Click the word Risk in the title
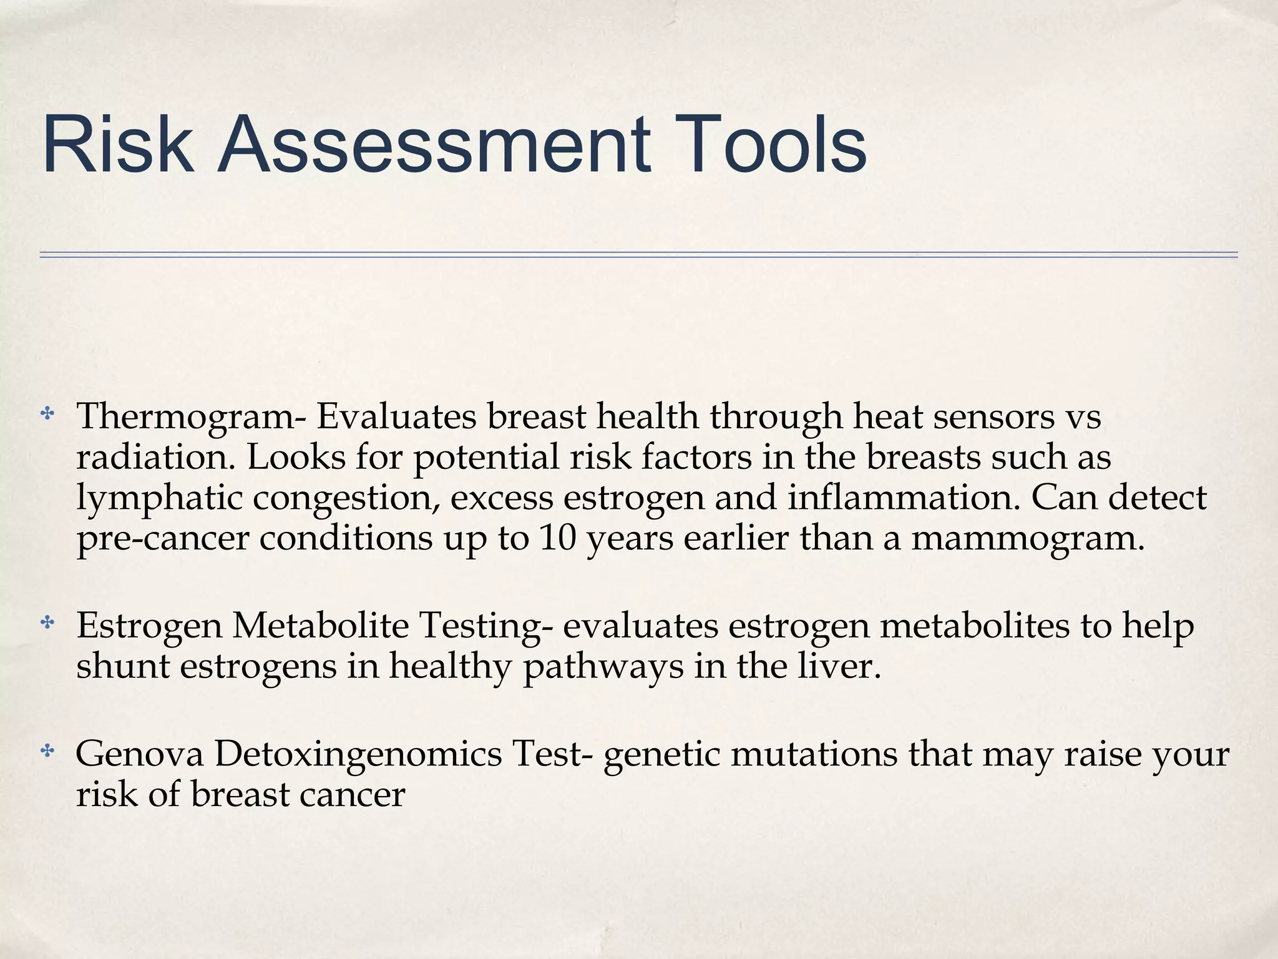[x=117, y=145]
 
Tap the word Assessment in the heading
[x=433, y=145]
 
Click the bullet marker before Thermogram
[x=47, y=414]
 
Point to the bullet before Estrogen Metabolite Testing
[x=47, y=622]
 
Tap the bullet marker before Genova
[x=47, y=752]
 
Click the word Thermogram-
[x=191, y=417]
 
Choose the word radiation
[x=157, y=458]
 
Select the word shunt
[x=122, y=666]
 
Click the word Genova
[x=140, y=754]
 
